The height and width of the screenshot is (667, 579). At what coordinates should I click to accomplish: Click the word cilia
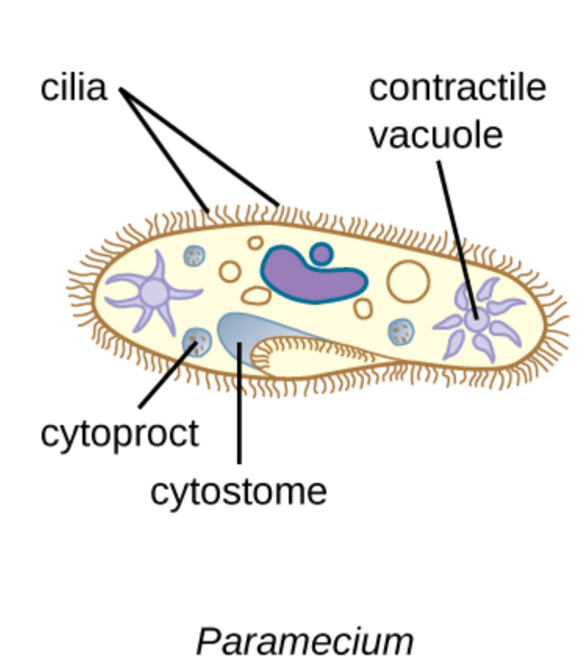point(74,88)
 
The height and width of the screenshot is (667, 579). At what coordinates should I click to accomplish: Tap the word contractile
point(457,88)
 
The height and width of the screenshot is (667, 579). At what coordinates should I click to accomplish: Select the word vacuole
point(436,135)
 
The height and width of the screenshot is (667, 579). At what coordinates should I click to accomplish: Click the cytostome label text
point(238,492)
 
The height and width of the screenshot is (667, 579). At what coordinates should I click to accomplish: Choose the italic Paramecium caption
point(305,642)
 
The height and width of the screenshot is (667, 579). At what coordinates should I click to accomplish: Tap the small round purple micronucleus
point(321,253)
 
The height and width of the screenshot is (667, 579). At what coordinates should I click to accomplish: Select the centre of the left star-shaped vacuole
point(154,293)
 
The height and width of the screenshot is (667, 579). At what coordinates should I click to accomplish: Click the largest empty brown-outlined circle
point(408,281)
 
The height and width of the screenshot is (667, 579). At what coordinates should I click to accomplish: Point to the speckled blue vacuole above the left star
point(194,256)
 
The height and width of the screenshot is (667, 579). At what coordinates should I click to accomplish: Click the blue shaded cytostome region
point(240,329)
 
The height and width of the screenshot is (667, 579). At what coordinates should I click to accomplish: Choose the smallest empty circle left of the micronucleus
point(255,242)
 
